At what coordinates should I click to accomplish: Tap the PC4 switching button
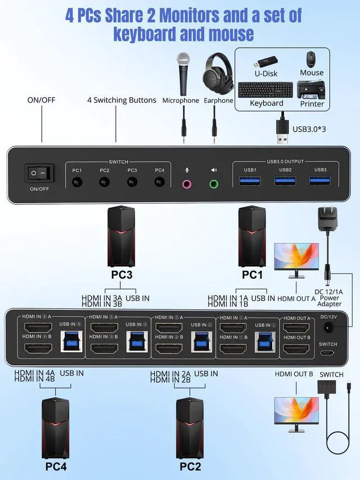(160, 182)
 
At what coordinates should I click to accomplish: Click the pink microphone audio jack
(186, 183)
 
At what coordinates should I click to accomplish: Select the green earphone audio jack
(214, 183)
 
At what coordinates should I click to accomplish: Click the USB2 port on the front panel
(285, 181)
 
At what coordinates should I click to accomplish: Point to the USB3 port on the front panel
(320, 181)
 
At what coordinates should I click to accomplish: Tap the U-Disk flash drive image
(266, 60)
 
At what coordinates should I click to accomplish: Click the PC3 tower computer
(121, 236)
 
